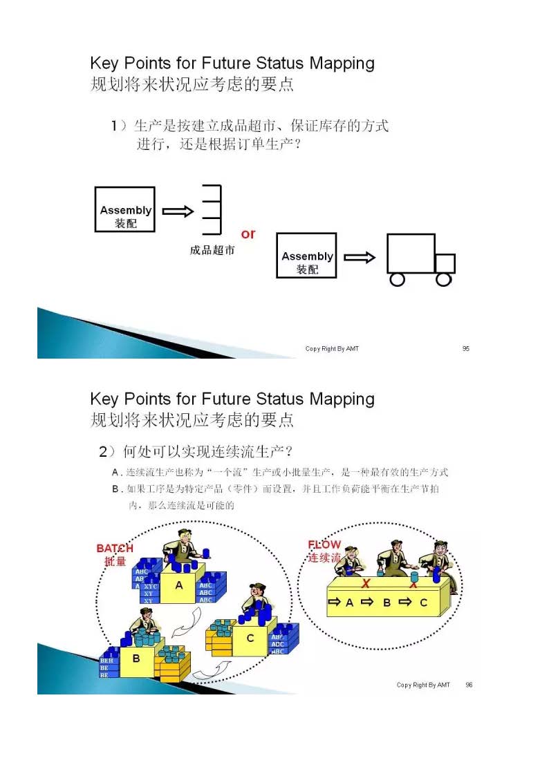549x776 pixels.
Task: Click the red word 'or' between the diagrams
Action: coord(248,234)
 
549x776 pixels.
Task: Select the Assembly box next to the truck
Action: coord(306,256)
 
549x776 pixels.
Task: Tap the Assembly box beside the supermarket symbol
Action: coord(124,209)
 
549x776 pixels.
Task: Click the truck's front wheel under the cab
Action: coord(443,279)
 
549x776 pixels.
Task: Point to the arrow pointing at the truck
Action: coord(360,258)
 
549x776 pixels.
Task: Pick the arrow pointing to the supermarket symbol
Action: coord(178,211)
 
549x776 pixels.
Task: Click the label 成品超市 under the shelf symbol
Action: coord(212,250)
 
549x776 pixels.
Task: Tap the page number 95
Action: coord(466,349)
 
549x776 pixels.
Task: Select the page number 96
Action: coord(469,685)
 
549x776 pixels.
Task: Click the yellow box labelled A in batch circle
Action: coord(179,586)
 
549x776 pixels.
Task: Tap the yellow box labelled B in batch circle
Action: coord(137,659)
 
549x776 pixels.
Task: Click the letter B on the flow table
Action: coord(387,603)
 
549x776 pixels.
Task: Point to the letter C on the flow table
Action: coord(423,603)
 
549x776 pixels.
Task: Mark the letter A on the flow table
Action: coord(350,603)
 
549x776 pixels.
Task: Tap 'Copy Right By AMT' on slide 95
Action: coord(332,349)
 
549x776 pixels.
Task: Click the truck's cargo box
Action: coord(410,254)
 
